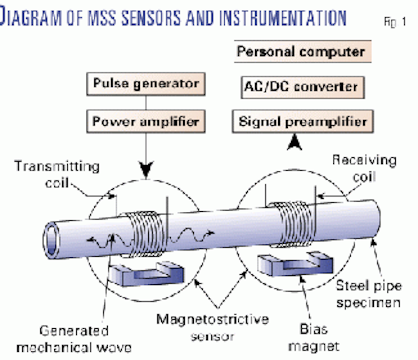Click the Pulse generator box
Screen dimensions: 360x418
point(146,84)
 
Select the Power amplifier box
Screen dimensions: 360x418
point(146,122)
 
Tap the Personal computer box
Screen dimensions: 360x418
point(302,52)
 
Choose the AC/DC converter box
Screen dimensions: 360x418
point(302,87)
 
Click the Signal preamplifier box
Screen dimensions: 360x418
point(302,122)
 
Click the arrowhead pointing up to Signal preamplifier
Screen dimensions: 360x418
point(294,143)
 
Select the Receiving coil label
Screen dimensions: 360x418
point(364,168)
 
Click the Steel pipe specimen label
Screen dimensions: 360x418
point(368,294)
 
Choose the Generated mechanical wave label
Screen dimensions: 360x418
point(74,339)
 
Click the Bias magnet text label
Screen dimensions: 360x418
point(313,337)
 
